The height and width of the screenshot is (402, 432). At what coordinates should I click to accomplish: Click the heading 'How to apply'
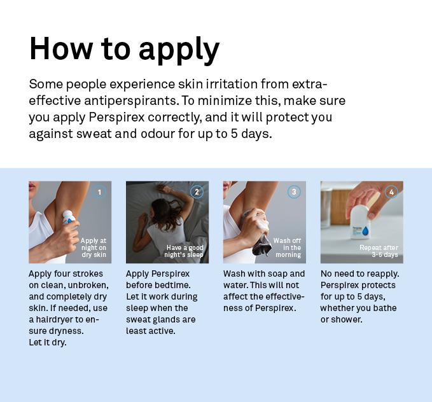(x=124, y=50)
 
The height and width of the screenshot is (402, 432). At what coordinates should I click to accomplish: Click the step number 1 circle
(x=99, y=192)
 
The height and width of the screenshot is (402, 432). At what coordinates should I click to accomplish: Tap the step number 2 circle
(x=197, y=192)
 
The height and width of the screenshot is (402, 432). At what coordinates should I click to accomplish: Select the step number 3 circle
(x=294, y=191)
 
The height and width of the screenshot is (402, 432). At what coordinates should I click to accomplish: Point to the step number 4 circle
(x=391, y=192)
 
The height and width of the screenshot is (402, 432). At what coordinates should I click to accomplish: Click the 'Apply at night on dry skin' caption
(x=94, y=247)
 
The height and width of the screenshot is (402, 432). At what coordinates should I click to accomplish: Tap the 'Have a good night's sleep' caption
(x=184, y=251)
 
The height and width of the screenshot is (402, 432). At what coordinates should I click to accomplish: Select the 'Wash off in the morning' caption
(x=288, y=247)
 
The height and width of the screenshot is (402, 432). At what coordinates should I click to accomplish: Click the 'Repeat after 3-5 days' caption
(x=379, y=251)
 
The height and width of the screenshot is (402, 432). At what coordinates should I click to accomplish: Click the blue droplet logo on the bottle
(x=366, y=232)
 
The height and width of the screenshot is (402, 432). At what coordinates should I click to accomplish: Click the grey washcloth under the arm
(x=257, y=233)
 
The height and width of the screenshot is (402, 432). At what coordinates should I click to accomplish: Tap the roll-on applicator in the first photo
(x=68, y=218)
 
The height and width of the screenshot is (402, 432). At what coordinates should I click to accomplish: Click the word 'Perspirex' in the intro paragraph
(x=116, y=118)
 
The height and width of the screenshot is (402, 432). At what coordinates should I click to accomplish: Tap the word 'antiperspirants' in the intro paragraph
(x=131, y=101)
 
